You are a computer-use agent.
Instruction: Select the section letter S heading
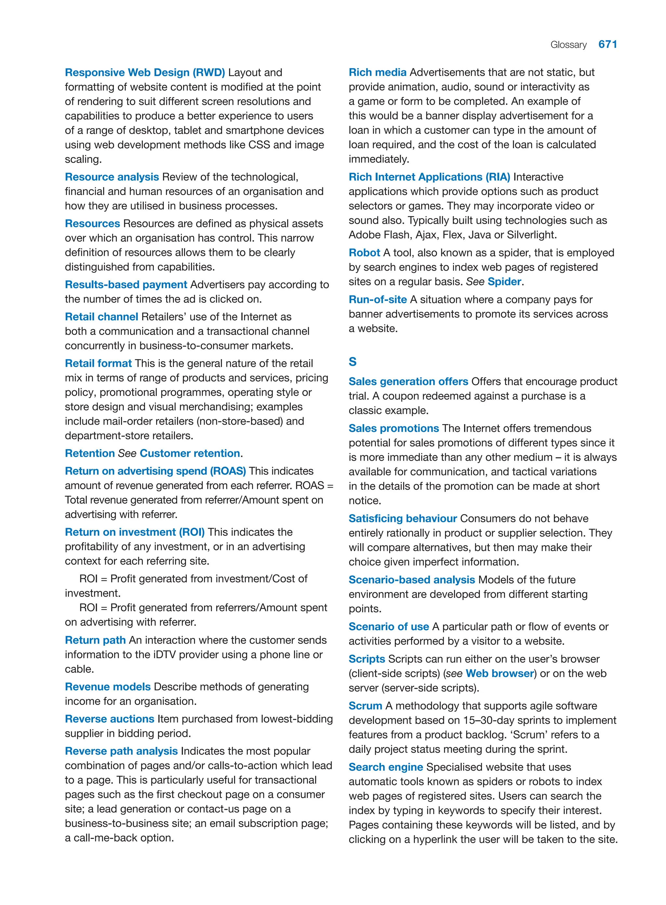[353, 362]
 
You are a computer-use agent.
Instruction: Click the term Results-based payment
[126, 285]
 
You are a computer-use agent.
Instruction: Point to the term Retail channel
[101, 317]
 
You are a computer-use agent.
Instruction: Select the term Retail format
[98, 363]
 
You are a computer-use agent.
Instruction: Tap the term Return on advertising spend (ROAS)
[155, 471]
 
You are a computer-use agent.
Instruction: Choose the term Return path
[95, 640]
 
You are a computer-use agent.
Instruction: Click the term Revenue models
[108, 686]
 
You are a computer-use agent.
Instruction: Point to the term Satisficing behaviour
[402, 518]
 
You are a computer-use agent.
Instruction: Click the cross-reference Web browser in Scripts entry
[499, 673]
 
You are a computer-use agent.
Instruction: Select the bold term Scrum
[365, 706]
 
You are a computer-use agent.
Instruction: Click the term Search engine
[385, 767]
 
